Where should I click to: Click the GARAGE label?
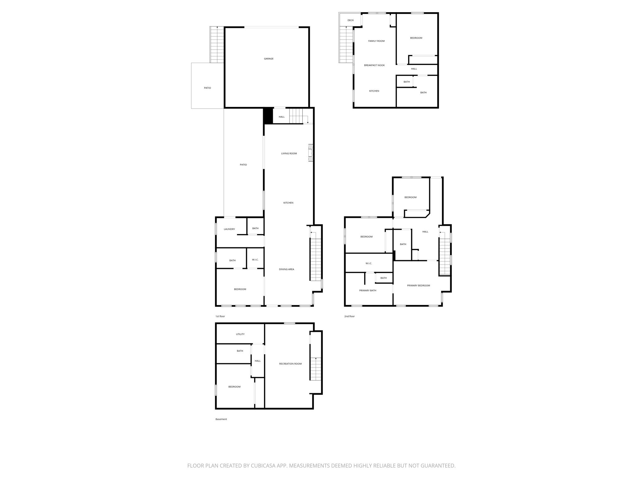pos(269,59)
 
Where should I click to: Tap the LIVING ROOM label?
pos(289,153)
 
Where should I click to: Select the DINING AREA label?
pos(287,269)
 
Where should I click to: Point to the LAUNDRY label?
pos(229,229)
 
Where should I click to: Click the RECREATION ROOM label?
pos(290,364)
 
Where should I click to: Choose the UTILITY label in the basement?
pos(240,334)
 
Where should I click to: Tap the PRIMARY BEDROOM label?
pos(419,286)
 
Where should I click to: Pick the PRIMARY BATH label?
pos(368,291)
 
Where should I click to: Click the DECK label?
pos(351,20)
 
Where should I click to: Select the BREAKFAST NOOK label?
pos(374,65)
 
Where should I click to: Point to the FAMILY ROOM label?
pos(376,41)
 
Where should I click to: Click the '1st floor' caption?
pos(220,316)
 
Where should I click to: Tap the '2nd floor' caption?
pos(349,316)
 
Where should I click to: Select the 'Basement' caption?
pos(221,419)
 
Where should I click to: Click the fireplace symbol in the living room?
pos(311,153)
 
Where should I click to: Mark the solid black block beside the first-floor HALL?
pos(268,116)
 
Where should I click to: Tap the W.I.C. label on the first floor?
pos(255,260)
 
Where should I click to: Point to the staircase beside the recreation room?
pos(316,369)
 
